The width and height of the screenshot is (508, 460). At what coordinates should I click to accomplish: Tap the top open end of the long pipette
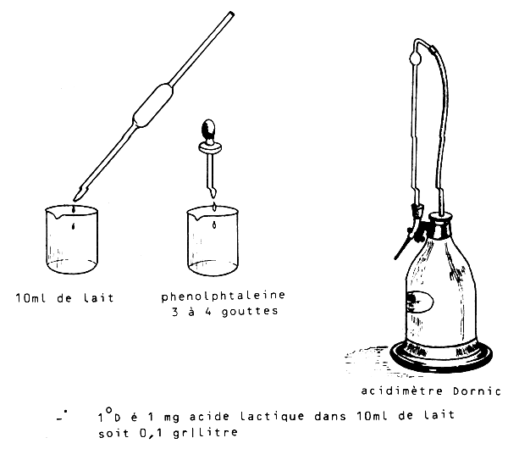232,14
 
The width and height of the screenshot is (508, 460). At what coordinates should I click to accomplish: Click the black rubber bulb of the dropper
208,130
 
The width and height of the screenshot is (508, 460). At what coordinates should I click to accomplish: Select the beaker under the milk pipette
72,239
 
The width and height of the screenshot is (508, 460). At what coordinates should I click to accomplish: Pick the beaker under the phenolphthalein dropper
213,241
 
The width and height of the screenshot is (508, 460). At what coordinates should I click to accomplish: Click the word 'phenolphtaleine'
224,296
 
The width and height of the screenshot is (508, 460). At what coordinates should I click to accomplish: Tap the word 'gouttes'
250,312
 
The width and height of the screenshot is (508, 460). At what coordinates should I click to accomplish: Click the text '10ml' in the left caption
31,298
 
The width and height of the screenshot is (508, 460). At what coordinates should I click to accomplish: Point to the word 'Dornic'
477,391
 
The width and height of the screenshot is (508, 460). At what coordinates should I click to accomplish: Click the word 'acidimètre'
401,391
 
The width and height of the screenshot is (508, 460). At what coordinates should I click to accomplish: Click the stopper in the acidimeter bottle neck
440,223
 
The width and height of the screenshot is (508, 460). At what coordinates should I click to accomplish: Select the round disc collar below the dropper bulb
210,147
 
